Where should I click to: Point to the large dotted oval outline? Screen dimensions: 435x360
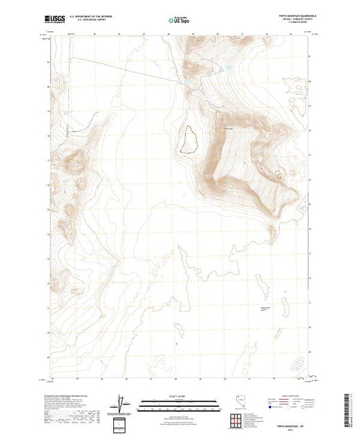click(187, 139)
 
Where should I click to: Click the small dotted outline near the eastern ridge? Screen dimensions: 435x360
click(280, 175)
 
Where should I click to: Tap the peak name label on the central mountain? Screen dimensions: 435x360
click(229, 129)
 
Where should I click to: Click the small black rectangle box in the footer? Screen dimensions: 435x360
click(120, 423)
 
